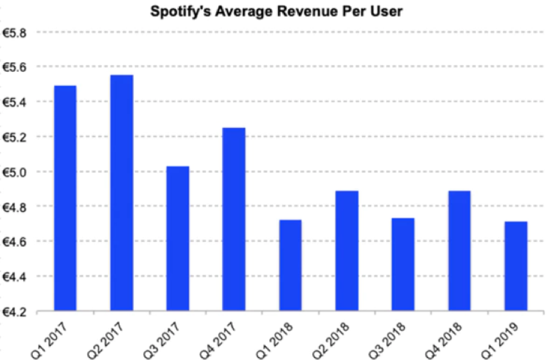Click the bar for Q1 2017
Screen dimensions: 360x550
pos(65,198)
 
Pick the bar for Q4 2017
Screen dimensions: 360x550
pos(234,219)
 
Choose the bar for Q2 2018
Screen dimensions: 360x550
pos(346,251)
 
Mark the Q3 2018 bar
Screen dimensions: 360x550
pos(402,264)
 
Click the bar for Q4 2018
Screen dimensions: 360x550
pos(459,251)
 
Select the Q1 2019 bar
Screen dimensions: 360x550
pos(515,266)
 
